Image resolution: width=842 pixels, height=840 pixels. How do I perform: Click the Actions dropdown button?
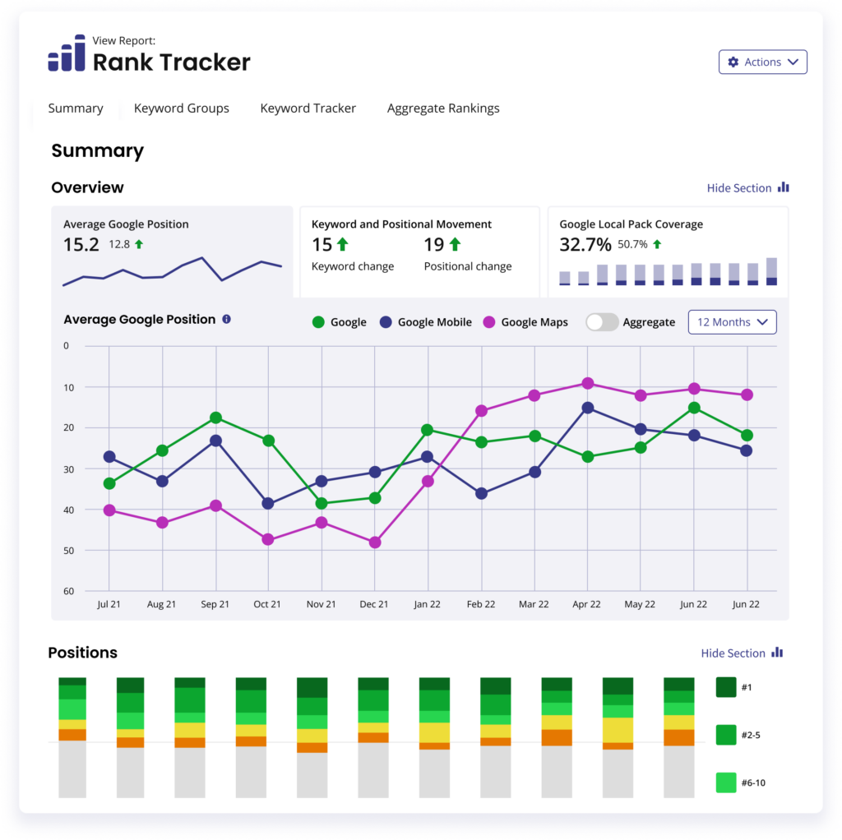click(x=762, y=62)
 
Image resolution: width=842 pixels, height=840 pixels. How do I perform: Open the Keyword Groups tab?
click(x=181, y=108)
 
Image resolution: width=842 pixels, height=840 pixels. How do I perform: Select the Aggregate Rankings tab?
click(x=443, y=108)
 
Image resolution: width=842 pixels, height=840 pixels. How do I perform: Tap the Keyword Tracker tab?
click(x=308, y=108)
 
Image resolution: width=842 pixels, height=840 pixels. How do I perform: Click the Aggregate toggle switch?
click(x=602, y=322)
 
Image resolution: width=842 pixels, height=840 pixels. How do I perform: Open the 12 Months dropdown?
click(x=732, y=322)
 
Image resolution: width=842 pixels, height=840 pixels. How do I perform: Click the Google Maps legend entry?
click(x=525, y=322)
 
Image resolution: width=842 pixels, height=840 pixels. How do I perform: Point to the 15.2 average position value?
click(x=81, y=244)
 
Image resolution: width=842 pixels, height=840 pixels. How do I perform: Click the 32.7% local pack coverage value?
click(x=585, y=244)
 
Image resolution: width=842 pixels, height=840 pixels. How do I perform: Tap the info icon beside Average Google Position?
click(x=227, y=319)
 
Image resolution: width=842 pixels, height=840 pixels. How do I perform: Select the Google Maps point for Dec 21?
click(x=375, y=542)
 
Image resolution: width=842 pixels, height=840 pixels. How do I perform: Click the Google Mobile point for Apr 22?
click(x=588, y=408)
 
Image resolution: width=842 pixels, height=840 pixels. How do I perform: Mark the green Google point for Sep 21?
click(x=215, y=418)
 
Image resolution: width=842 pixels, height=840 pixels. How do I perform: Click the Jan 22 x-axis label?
click(x=427, y=604)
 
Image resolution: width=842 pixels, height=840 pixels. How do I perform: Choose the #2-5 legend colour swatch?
click(x=726, y=735)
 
